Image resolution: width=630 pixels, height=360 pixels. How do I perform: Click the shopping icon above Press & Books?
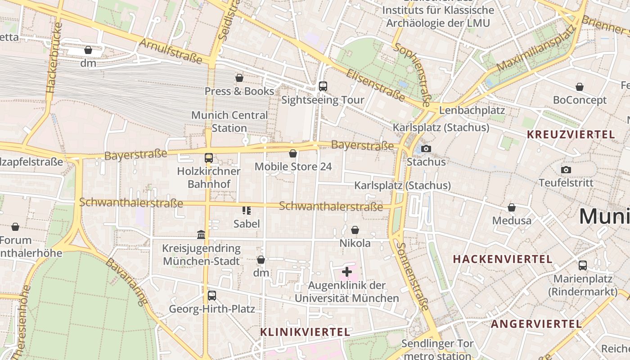[239, 78]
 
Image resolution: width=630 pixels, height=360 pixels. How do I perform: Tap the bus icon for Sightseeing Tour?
[323, 86]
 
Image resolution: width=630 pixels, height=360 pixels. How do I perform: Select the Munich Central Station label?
[229, 121]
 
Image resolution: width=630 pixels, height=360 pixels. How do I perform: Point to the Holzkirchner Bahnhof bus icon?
[208, 158]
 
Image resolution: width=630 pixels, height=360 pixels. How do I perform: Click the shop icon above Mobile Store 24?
[293, 153]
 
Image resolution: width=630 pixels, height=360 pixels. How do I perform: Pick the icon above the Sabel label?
[246, 210]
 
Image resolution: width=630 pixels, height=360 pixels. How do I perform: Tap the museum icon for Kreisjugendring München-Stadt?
[201, 234]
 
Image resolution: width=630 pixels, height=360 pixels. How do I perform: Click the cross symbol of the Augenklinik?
[347, 271]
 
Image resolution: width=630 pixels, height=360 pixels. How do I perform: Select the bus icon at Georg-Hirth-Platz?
[211, 296]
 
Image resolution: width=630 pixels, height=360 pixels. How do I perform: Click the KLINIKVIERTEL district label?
[305, 332]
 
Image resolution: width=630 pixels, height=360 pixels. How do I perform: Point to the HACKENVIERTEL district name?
[502, 259]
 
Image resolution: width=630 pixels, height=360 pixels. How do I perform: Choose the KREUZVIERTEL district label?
[571, 135]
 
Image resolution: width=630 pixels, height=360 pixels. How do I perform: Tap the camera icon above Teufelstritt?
[566, 170]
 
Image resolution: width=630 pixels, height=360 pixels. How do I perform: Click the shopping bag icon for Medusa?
[512, 207]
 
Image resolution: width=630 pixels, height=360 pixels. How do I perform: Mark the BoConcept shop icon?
[580, 87]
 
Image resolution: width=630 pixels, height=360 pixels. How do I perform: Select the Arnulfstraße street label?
[171, 50]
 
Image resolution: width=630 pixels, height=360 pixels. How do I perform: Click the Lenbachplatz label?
[472, 110]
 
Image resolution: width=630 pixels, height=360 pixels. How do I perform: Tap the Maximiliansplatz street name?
[535, 49]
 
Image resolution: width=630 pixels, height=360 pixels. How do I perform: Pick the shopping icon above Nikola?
[355, 230]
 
